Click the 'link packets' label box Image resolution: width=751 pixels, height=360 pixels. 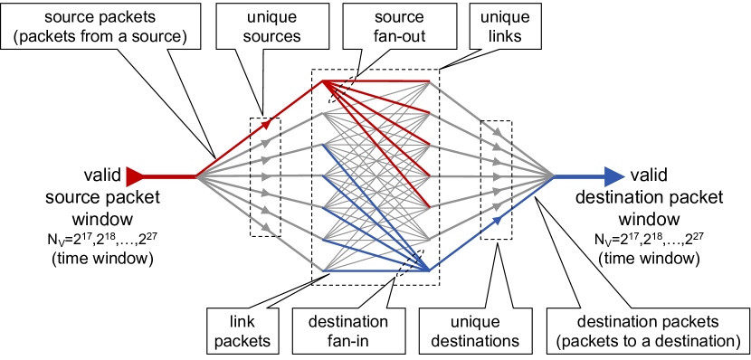(241, 331)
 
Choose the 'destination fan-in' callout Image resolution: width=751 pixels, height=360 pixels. (348, 331)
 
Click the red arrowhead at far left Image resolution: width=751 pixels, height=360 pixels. (135, 176)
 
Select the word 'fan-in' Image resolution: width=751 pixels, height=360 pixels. (348, 341)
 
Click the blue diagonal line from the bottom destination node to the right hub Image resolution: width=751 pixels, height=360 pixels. (493, 223)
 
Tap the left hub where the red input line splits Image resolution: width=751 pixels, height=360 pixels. (195, 176)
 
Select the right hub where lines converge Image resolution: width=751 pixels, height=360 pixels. (554, 176)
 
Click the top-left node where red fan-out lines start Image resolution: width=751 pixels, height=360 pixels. (323, 81)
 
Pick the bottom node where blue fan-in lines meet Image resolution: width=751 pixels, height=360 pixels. (428, 270)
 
